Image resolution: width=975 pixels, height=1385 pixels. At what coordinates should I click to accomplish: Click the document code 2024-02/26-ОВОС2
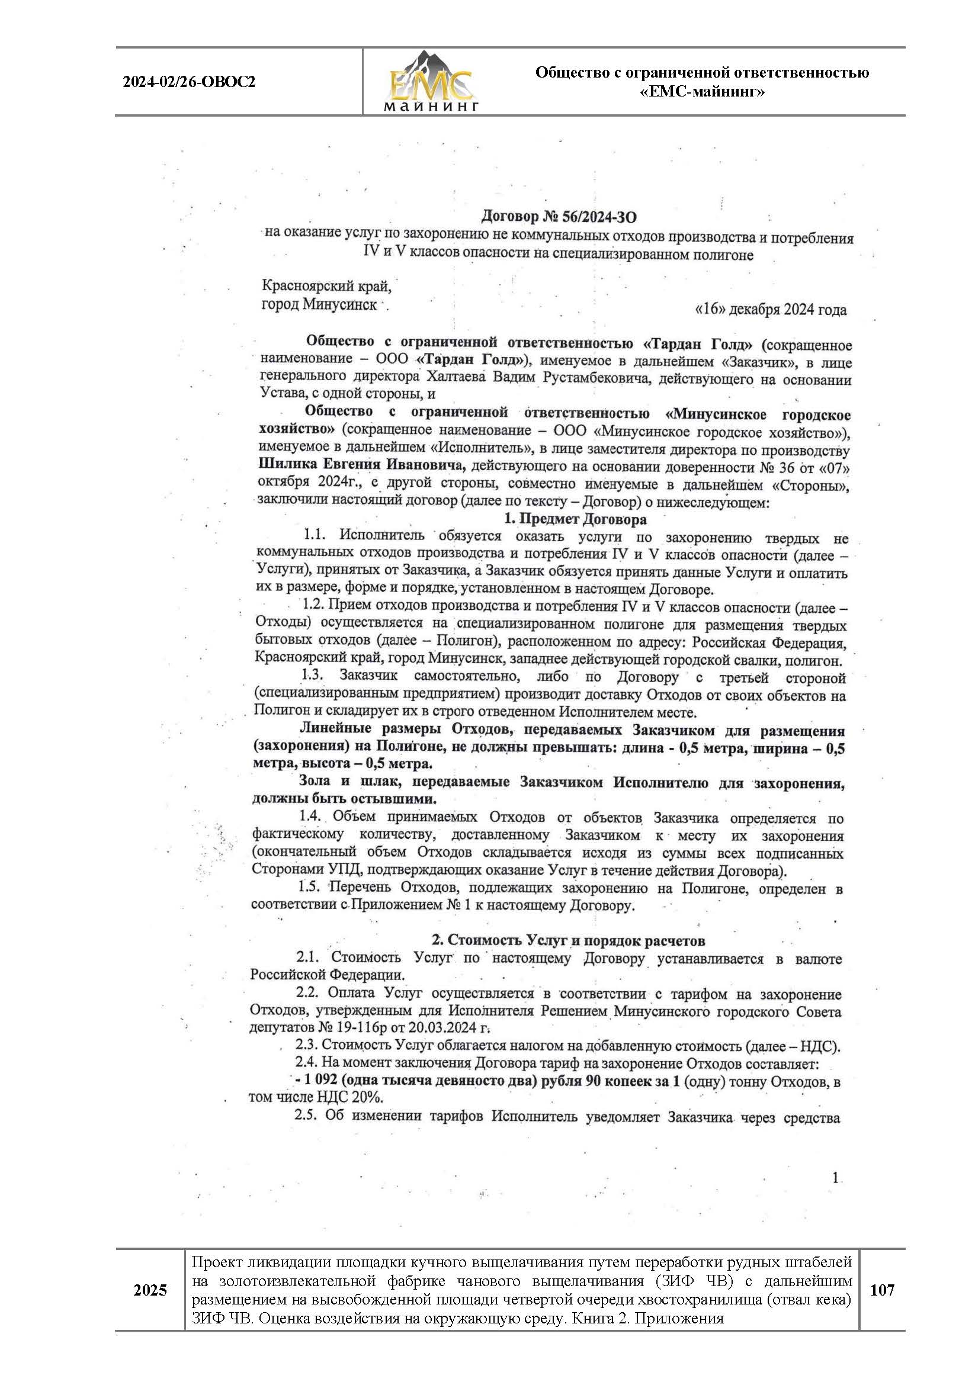coord(190,82)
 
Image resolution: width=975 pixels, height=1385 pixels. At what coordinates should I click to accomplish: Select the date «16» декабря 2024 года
coord(771,310)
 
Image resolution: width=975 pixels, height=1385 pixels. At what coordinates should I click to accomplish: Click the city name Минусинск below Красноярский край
coord(340,304)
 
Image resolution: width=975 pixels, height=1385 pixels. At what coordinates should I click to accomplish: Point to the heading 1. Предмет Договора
coord(575,519)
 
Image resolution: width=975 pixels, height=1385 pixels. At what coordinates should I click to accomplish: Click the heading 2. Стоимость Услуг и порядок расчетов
coord(567,940)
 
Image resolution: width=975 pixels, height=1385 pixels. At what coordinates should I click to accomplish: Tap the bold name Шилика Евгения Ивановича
coord(362,465)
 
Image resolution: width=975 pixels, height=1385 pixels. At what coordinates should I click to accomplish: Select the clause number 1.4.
coord(312,817)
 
